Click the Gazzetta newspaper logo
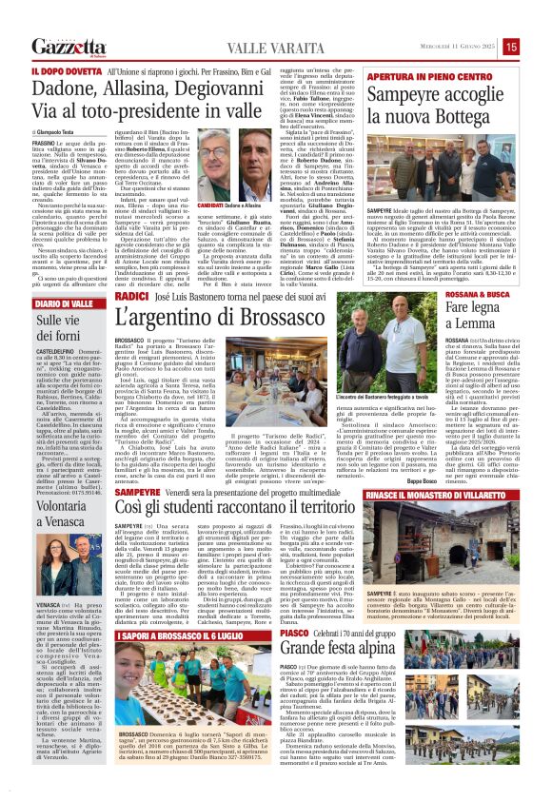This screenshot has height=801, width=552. (x=69, y=47)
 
